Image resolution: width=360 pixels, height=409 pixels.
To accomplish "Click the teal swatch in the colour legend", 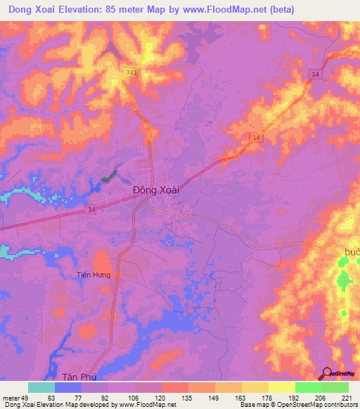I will point(41,387).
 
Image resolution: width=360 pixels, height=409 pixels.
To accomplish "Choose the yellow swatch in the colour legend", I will point(281,387).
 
